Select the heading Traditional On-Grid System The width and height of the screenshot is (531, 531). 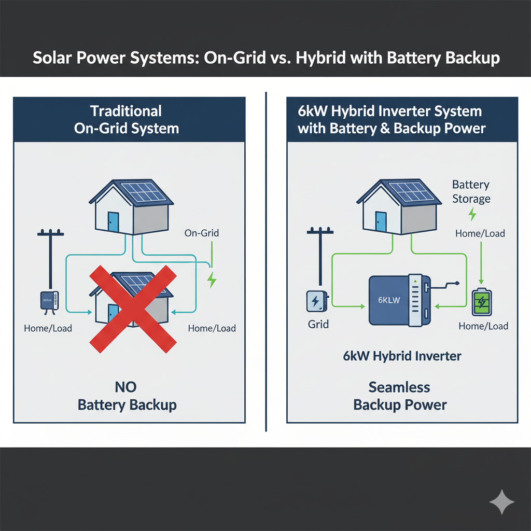(126, 119)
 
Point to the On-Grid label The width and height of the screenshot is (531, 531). (201, 233)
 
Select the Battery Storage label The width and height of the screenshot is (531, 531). (471, 191)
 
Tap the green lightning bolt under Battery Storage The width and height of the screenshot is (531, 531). (472, 214)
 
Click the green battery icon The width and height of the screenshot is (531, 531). (482, 302)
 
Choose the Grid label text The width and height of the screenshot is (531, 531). (318, 325)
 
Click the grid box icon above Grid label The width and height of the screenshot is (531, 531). (315, 301)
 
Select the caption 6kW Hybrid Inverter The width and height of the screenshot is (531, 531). (402, 356)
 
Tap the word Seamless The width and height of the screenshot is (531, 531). (399, 387)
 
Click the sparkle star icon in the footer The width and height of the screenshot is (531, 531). (502, 502)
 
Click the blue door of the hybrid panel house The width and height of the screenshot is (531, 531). (381, 222)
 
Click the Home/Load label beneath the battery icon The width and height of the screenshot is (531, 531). (483, 326)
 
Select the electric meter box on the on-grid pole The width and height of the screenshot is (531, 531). (49, 301)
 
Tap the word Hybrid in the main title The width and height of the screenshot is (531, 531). (320, 58)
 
